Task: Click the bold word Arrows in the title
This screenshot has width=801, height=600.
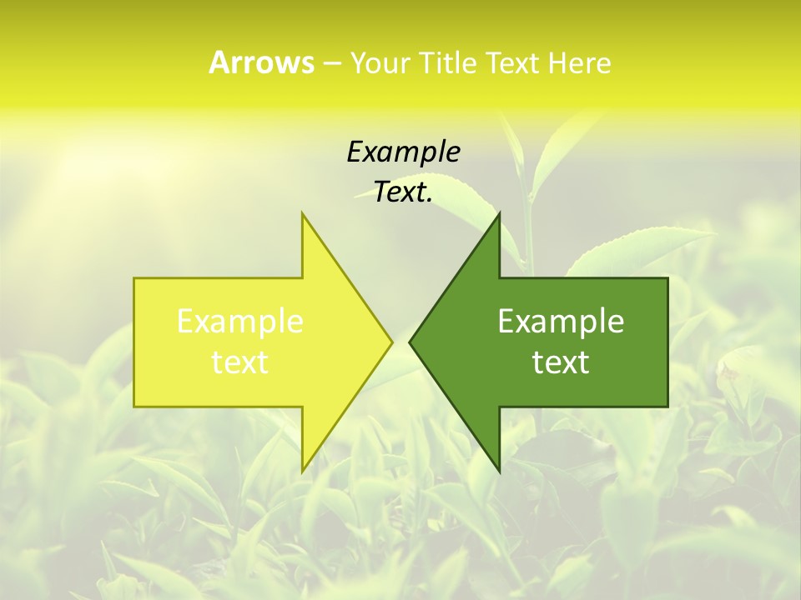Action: [x=261, y=62]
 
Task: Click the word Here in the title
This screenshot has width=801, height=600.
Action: [x=579, y=62]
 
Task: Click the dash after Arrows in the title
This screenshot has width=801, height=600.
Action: [x=331, y=63]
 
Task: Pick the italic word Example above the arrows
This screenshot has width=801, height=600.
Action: [x=403, y=152]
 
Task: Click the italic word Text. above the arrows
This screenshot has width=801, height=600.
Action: [x=403, y=192]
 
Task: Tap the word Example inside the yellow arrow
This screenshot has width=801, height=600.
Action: [x=240, y=322]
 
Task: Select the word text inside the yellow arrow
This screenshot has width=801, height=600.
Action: [x=240, y=362]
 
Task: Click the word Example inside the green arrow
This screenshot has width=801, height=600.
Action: [x=561, y=322]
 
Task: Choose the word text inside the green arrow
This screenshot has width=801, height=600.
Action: [x=561, y=362]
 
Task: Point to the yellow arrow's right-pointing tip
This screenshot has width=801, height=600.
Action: [x=391, y=342]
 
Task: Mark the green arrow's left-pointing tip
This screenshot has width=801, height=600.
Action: [x=410, y=342]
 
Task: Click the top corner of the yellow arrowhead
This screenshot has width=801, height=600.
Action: [x=302, y=213]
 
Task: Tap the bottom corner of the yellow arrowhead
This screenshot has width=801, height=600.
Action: [x=302, y=471]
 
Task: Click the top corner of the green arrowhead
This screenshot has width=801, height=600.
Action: [x=499, y=213]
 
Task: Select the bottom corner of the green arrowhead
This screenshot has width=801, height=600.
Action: [x=499, y=471]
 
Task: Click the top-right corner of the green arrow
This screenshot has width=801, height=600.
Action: [x=667, y=278]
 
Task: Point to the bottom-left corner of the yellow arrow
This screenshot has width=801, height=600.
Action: [x=134, y=406]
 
